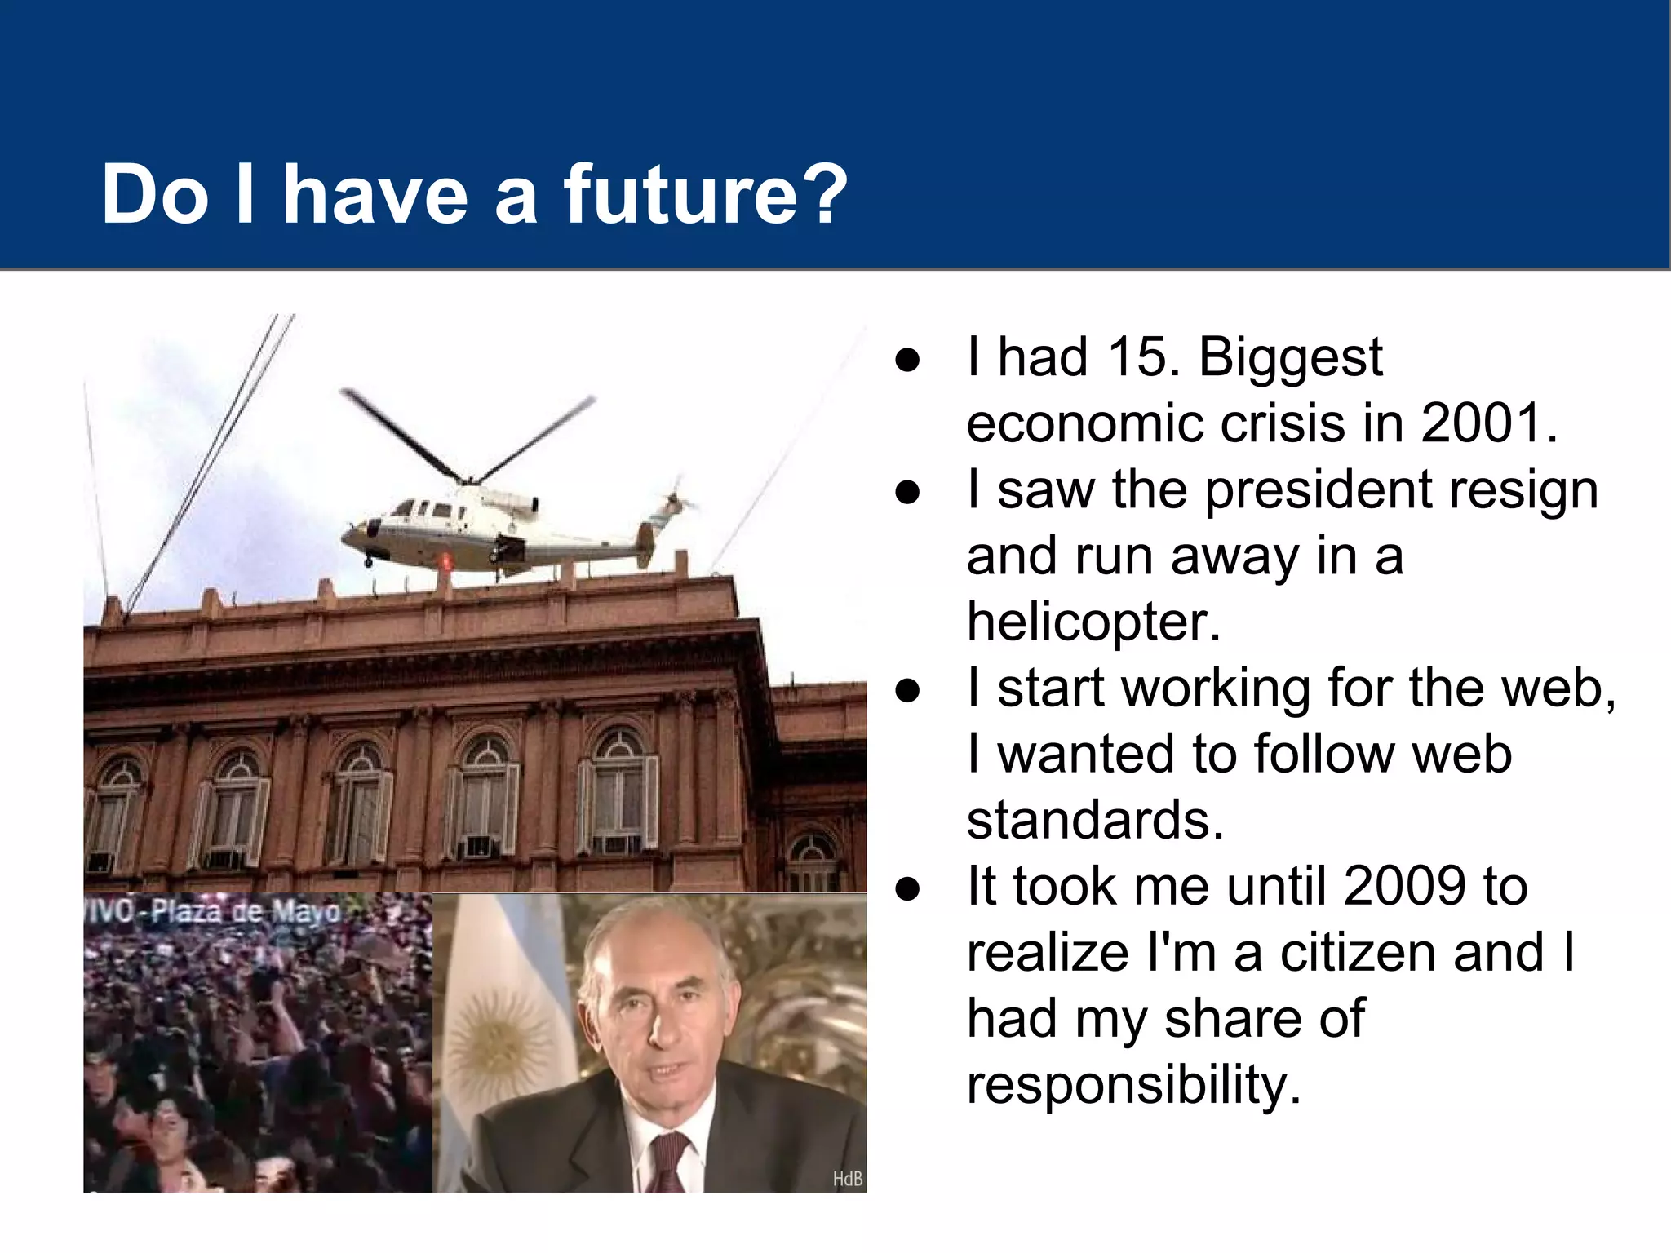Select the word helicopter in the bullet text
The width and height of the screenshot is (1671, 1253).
(1093, 622)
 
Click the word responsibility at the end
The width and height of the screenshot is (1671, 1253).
(1132, 1085)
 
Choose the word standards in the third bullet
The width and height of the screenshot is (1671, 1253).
(1095, 820)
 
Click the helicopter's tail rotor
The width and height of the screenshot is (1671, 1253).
(675, 499)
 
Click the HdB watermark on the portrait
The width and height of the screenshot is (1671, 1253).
(847, 1179)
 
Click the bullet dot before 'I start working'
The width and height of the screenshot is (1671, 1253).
(907, 689)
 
